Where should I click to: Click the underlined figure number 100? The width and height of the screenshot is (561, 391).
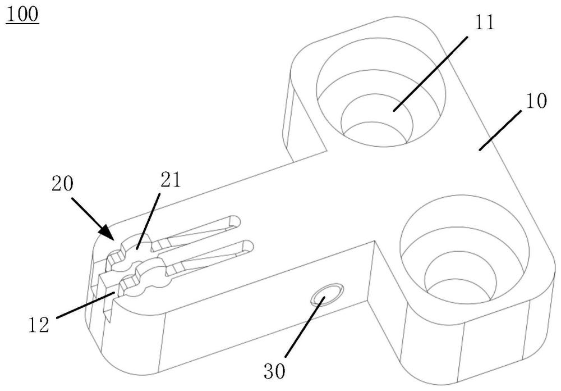coord(22,15)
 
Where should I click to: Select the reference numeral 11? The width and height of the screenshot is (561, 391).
coord(484,22)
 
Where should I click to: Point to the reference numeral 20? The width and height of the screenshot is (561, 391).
coord(63,184)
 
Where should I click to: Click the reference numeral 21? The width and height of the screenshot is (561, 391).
coord(171,180)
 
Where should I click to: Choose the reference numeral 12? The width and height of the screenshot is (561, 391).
coord(39,325)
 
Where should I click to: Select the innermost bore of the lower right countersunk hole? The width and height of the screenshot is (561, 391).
coord(459,291)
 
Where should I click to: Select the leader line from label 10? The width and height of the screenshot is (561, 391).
coord(500,130)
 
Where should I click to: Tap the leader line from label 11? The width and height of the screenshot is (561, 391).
coord(430,74)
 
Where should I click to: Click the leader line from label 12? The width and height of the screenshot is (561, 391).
coord(86,304)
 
